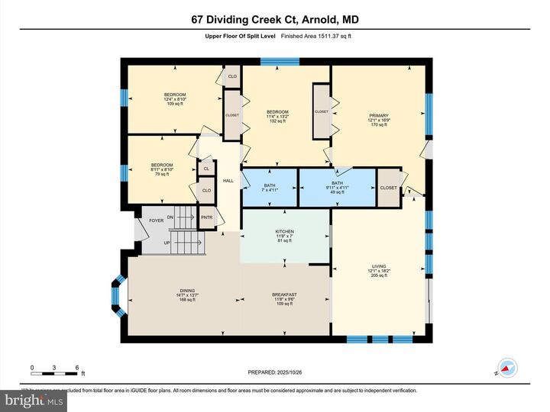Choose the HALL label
pos(228,181)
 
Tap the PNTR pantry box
pos(206,217)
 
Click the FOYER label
pos(156,220)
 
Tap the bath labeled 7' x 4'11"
pos(269,187)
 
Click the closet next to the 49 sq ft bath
pos(388,188)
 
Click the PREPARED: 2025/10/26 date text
pos(275,372)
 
